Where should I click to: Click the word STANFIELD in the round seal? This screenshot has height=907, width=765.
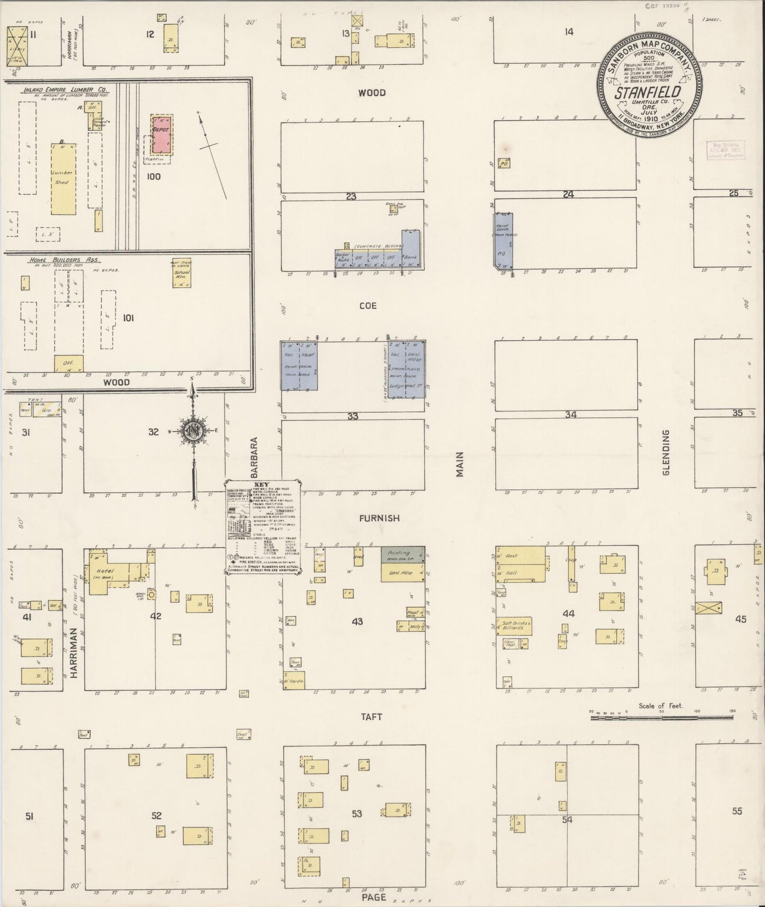(647, 93)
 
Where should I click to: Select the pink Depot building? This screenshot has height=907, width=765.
(161, 134)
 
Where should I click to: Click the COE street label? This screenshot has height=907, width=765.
(367, 306)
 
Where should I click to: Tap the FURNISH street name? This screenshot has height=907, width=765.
(379, 519)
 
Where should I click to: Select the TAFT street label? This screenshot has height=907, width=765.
(371, 717)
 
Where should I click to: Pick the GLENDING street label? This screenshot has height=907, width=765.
(665, 452)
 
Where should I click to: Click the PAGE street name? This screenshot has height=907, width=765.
(374, 897)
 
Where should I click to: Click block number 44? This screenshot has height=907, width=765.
(569, 614)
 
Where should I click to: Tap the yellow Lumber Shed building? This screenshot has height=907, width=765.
(63, 179)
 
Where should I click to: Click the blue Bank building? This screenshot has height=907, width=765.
(411, 249)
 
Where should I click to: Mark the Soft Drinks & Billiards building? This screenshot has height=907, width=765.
(514, 626)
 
